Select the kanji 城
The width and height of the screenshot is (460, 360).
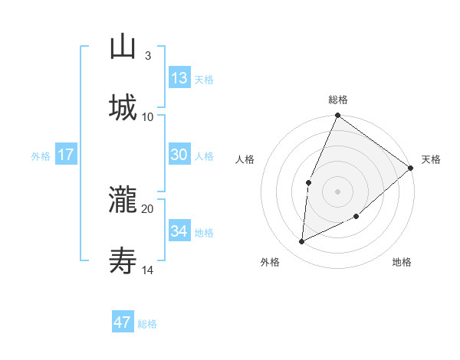[x=123, y=108]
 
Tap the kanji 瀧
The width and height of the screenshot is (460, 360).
[x=123, y=201]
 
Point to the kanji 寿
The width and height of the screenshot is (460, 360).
[x=123, y=261]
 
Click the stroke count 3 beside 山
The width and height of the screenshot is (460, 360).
[x=147, y=56]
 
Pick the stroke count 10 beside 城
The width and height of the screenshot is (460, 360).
[x=148, y=116]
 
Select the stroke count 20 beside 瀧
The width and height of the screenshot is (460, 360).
[x=148, y=208]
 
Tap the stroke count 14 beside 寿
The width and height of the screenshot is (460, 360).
[x=148, y=270]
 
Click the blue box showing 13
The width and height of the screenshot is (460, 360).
[x=179, y=78]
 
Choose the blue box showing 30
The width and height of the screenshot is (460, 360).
[x=179, y=155]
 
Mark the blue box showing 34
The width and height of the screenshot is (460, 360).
[x=179, y=231]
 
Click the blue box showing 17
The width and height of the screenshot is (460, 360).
[x=66, y=155]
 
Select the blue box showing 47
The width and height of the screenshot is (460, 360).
[x=123, y=322]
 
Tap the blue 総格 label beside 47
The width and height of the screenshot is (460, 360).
[x=147, y=324]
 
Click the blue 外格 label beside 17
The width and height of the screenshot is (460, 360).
[x=41, y=156]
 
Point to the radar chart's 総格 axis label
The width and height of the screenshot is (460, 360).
[x=337, y=100]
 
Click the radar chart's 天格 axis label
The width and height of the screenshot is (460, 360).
[x=431, y=159]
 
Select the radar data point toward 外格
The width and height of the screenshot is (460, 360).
[x=302, y=242]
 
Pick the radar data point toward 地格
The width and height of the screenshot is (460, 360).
[x=356, y=218]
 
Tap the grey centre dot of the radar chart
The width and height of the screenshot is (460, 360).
[x=337, y=191]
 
